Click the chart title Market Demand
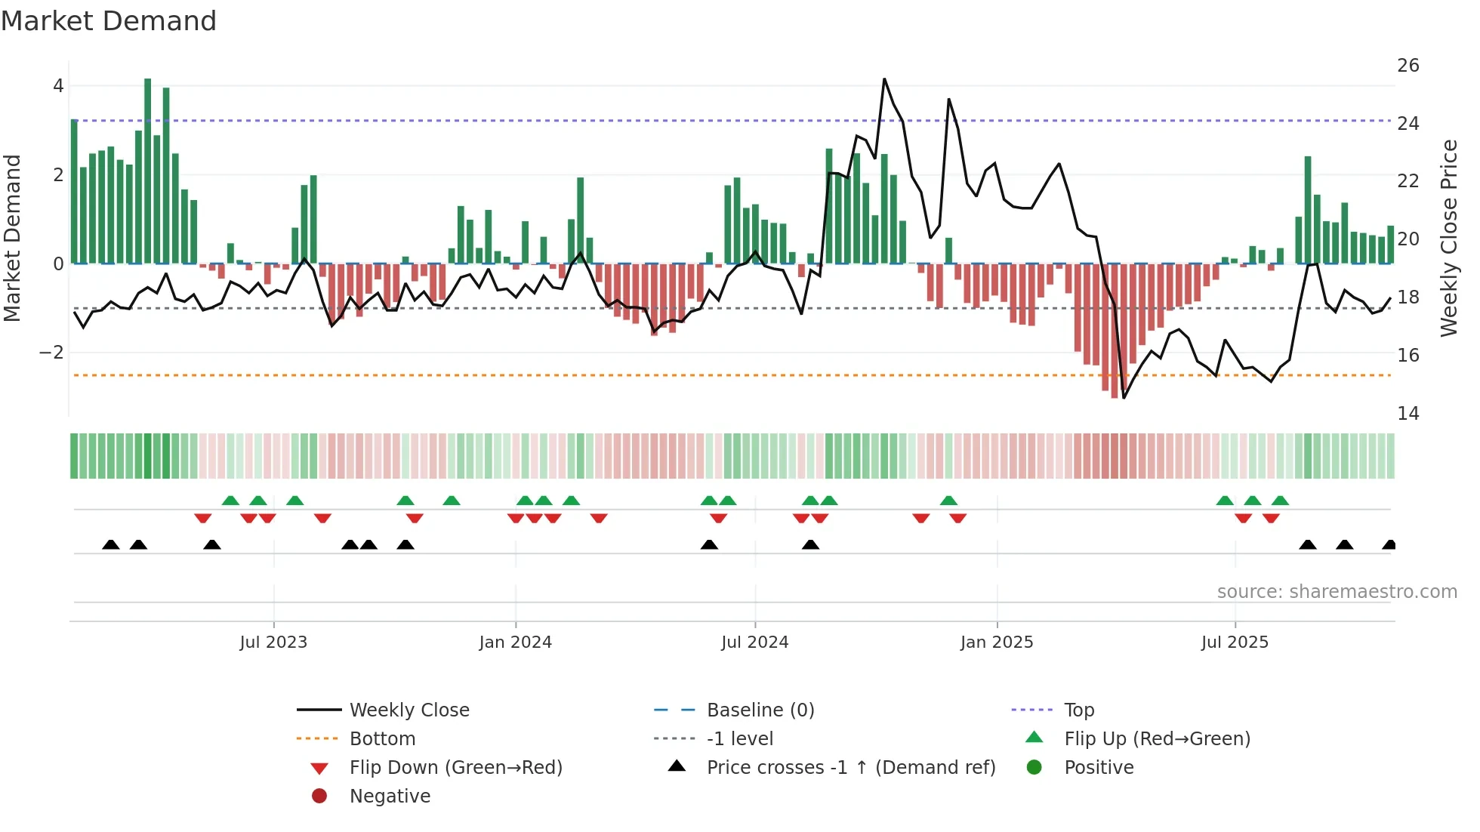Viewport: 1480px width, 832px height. (109, 21)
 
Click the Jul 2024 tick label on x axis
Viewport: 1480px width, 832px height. (754, 642)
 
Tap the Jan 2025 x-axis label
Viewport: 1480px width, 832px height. (996, 642)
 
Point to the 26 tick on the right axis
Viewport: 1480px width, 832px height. (1408, 66)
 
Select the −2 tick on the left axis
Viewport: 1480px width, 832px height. (51, 353)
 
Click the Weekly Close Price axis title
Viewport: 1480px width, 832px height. (1448, 238)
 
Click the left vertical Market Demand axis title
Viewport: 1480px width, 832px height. (12, 238)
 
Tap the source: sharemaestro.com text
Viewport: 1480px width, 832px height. (1337, 592)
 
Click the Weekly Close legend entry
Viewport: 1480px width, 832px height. (409, 710)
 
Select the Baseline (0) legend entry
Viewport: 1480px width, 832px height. (760, 710)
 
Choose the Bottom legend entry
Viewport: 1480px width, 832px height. (382, 739)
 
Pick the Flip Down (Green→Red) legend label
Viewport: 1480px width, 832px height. (455, 768)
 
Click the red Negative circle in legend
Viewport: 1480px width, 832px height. (319, 797)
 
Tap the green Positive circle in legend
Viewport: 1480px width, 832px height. (1034, 768)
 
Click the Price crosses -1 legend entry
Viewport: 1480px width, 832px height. (850, 768)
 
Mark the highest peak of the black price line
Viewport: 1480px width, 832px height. (884, 79)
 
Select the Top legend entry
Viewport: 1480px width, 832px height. (1078, 710)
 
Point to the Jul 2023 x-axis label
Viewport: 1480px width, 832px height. (273, 642)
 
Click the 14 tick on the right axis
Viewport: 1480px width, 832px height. (1408, 414)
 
